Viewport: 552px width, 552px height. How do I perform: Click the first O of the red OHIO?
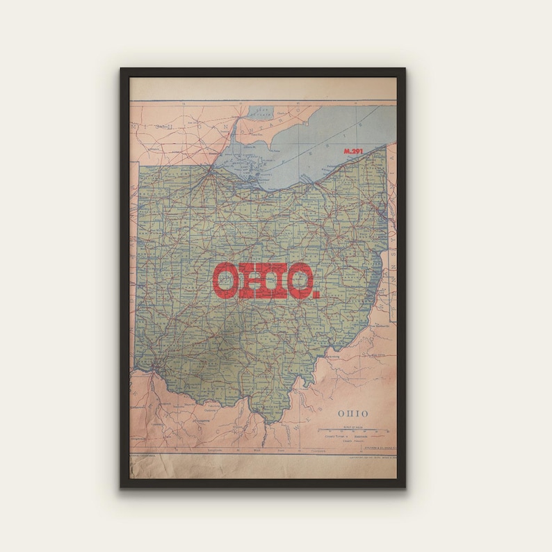225,280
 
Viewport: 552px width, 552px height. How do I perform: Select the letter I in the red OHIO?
276,280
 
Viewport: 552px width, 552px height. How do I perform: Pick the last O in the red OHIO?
300,280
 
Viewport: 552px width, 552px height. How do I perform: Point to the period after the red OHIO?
318,293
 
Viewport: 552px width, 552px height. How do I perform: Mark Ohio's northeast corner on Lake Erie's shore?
385,148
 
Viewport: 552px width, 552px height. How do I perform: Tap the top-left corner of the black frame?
122,70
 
